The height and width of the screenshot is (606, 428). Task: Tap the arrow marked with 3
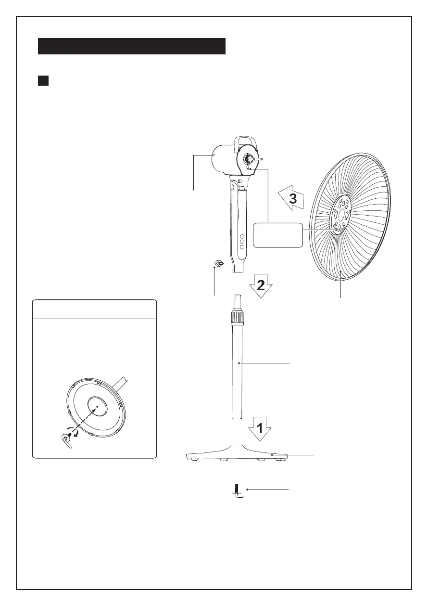pos(292,198)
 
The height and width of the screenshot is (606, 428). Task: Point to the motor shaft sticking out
pos(259,158)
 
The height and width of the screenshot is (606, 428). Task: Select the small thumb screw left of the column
pos(217,263)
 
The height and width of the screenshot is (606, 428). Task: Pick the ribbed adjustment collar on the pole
pos(236,317)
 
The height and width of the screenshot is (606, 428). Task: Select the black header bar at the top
pos(132,46)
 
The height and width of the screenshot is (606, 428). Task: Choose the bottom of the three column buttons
pos(241,247)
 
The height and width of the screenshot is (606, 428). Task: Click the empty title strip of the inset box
pos(94,309)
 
